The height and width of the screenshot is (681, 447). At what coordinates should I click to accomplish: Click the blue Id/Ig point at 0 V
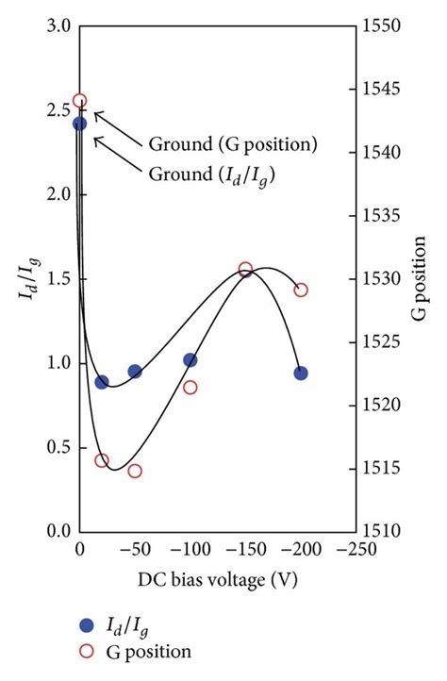click(x=80, y=124)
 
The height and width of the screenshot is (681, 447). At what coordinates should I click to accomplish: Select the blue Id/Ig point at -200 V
click(x=301, y=374)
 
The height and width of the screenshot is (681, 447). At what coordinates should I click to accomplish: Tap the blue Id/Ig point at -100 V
click(x=190, y=360)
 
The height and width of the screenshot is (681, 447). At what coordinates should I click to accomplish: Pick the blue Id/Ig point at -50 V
click(x=135, y=372)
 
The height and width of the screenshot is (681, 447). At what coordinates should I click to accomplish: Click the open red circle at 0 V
click(x=80, y=101)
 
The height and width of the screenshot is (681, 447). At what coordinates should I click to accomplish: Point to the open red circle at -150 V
click(x=246, y=270)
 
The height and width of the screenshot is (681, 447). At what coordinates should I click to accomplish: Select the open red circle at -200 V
click(x=301, y=290)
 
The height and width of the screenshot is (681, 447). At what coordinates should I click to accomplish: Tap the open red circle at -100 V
click(x=190, y=388)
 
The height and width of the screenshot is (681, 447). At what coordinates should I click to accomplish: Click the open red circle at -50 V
click(x=135, y=471)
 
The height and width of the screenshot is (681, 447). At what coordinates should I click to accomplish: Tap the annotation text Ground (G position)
click(x=233, y=144)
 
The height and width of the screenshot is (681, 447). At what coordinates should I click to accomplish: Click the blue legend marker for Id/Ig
click(x=87, y=624)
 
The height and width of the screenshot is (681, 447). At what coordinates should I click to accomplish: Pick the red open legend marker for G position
click(x=87, y=651)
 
